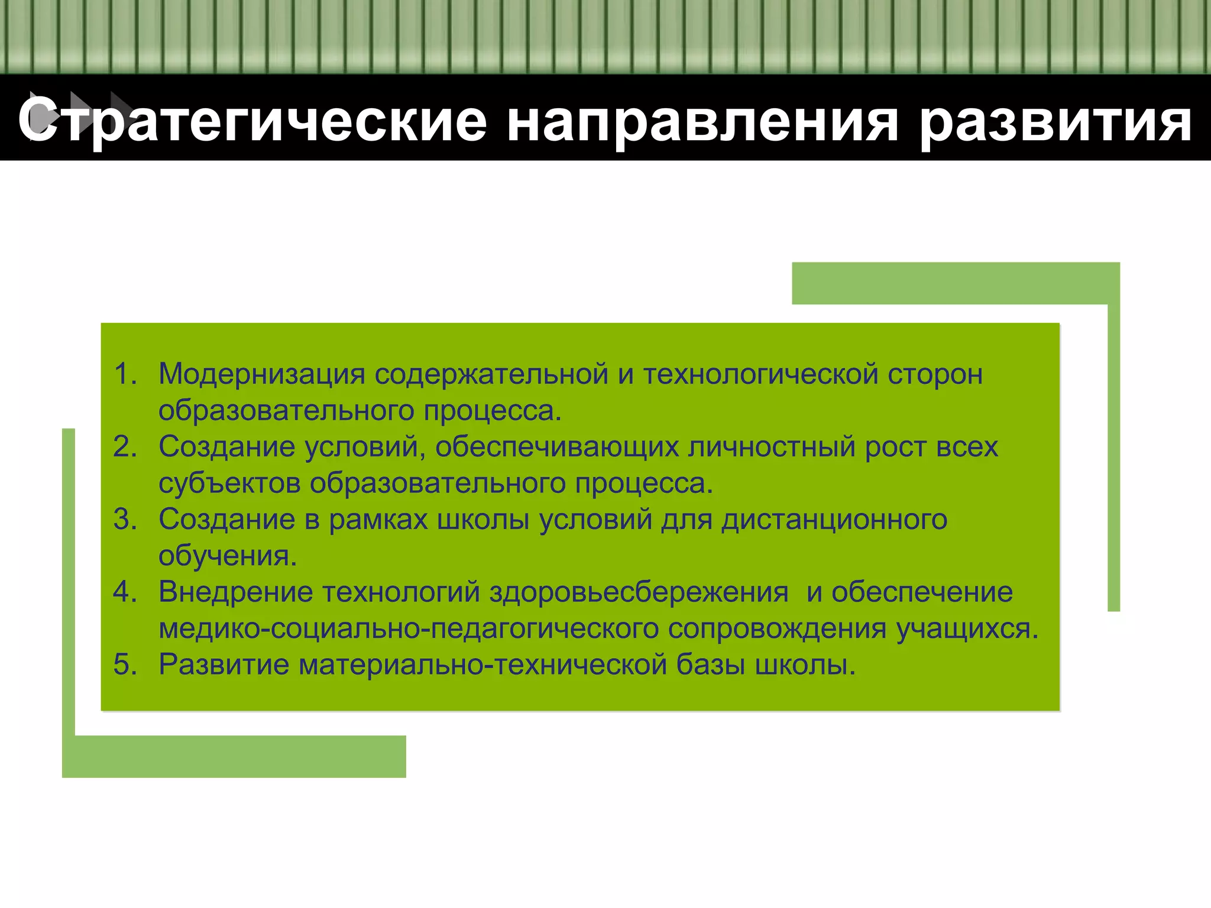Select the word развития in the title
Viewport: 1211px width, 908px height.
[x=1055, y=122]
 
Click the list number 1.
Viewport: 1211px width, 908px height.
[x=125, y=374]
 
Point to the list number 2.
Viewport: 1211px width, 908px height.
[x=125, y=447]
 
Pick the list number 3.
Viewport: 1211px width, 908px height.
[x=125, y=520]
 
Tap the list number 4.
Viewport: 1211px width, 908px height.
[x=125, y=592]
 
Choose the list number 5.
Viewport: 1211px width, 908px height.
[x=125, y=665]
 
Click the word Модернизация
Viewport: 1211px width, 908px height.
[x=261, y=374]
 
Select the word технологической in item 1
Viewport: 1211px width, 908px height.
[x=760, y=374]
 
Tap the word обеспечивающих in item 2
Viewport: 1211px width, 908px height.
[x=557, y=447]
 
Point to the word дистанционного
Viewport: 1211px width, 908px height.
[x=834, y=520]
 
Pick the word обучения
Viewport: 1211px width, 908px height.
[x=227, y=556]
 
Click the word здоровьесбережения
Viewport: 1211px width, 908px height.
[x=639, y=592]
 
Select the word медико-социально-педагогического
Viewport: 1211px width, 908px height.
[x=409, y=629]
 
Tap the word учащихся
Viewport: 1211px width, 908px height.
[x=967, y=629]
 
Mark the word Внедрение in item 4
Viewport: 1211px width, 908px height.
[x=235, y=592]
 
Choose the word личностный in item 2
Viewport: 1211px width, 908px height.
[x=771, y=447]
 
